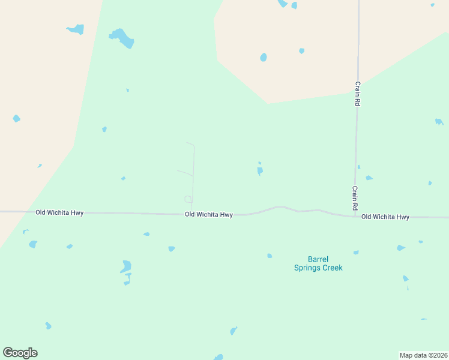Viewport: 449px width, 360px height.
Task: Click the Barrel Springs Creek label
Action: tap(318, 263)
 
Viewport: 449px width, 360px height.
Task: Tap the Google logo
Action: tap(20, 353)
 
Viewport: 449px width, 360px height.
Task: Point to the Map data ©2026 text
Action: tap(423, 355)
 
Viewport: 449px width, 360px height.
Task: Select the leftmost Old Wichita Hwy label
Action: tap(59, 212)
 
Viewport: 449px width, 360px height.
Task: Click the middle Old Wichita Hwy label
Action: tap(208, 214)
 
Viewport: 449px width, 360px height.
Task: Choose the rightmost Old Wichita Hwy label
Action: tap(385, 217)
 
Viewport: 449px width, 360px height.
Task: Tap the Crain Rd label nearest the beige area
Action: tap(357, 94)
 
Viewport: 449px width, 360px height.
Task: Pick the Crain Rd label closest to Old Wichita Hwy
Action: tap(355, 197)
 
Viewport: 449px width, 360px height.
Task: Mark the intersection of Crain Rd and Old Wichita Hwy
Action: tap(355, 215)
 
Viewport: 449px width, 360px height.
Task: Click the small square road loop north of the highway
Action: tap(188, 199)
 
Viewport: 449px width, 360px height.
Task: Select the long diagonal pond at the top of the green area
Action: tap(123, 38)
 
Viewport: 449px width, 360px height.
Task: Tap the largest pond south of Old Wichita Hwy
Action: tap(126, 266)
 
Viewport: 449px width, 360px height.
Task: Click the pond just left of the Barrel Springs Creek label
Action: tap(270, 256)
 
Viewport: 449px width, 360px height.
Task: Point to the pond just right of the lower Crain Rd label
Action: tap(369, 178)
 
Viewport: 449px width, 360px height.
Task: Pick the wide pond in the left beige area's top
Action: tap(76, 29)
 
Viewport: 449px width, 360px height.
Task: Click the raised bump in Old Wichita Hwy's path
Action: tap(280, 208)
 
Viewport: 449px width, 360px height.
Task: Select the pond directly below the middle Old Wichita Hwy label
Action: tap(172, 248)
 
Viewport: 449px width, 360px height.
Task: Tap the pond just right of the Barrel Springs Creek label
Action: tap(356, 253)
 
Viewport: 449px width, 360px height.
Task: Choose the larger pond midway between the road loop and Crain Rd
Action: tap(260, 171)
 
